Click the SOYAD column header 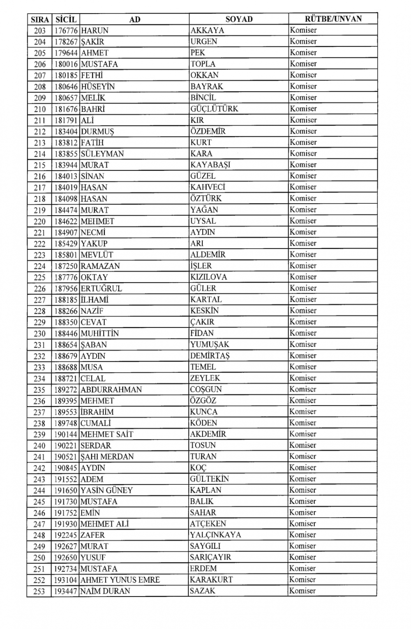(239, 19)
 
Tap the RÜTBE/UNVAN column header (333, 19)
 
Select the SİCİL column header (66, 19)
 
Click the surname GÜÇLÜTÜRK (214, 109)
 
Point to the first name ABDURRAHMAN (111, 389)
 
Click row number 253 (39, 591)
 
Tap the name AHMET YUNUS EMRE (120, 580)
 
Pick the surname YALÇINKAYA (215, 535)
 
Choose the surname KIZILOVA (208, 277)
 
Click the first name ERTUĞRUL (101, 288)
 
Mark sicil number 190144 (66, 434)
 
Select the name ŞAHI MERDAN (107, 456)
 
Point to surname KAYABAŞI (210, 165)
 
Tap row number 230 (39, 333)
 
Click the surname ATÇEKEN (208, 524)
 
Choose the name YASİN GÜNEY (106, 490)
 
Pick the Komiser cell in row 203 (303, 30)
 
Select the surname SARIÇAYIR (210, 558)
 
